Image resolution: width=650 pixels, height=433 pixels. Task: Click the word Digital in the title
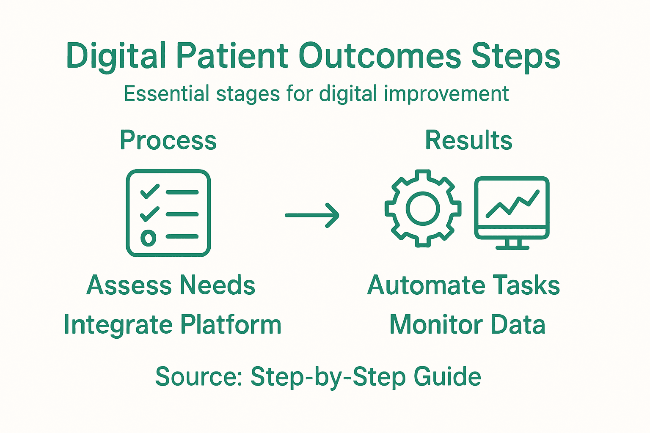[x=116, y=56]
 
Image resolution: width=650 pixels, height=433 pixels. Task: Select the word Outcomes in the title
[x=380, y=56]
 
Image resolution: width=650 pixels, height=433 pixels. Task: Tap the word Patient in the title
[x=232, y=56]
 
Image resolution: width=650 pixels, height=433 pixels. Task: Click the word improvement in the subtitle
[x=446, y=94]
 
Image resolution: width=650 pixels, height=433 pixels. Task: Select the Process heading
[x=168, y=140]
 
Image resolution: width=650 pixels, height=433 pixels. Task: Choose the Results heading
[x=468, y=140]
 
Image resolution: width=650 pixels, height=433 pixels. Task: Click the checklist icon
[x=168, y=213]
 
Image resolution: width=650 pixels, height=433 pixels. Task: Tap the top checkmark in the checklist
[x=149, y=192]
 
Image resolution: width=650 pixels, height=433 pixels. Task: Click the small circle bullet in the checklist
[x=148, y=238]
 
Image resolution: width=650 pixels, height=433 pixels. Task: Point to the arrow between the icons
[x=312, y=215]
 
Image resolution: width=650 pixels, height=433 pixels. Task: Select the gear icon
[x=423, y=209]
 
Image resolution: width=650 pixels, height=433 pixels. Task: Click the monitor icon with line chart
[x=512, y=207]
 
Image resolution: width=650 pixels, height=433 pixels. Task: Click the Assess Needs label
[x=171, y=285]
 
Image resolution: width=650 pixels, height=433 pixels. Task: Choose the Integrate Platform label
[x=172, y=325]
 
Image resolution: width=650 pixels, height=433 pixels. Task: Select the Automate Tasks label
[x=463, y=285]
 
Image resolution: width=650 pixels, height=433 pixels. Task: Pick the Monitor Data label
[x=467, y=325]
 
